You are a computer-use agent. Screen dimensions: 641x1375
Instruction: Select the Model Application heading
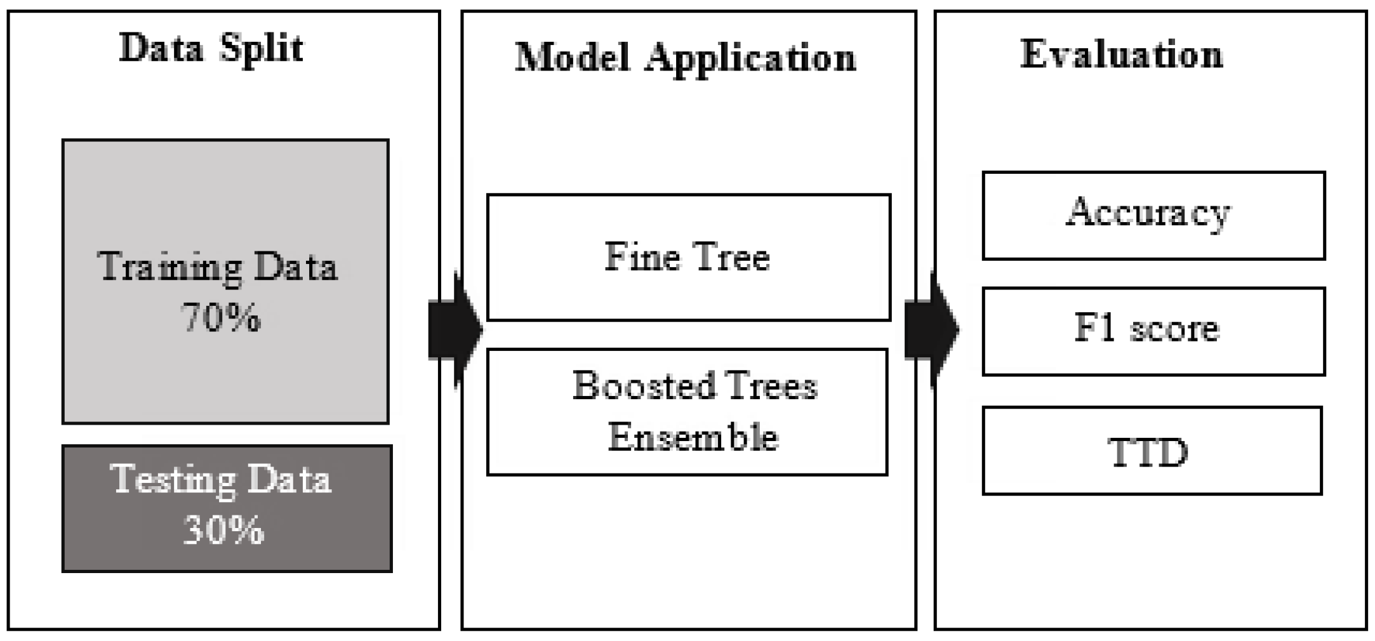(x=686, y=59)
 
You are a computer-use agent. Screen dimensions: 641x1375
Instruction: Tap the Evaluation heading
(x=1121, y=55)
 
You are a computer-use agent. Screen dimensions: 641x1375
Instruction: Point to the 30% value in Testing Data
(x=223, y=531)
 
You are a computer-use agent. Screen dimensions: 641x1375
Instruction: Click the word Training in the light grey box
(x=169, y=267)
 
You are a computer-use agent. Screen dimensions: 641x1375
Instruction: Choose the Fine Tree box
(x=688, y=257)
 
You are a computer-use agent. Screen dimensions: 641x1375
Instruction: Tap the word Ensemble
(x=693, y=437)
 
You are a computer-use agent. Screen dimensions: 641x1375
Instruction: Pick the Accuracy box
(x=1153, y=215)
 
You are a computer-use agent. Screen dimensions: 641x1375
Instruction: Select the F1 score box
(x=1153, y=331)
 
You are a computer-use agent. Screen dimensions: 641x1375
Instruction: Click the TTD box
(x=1152, y=451)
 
